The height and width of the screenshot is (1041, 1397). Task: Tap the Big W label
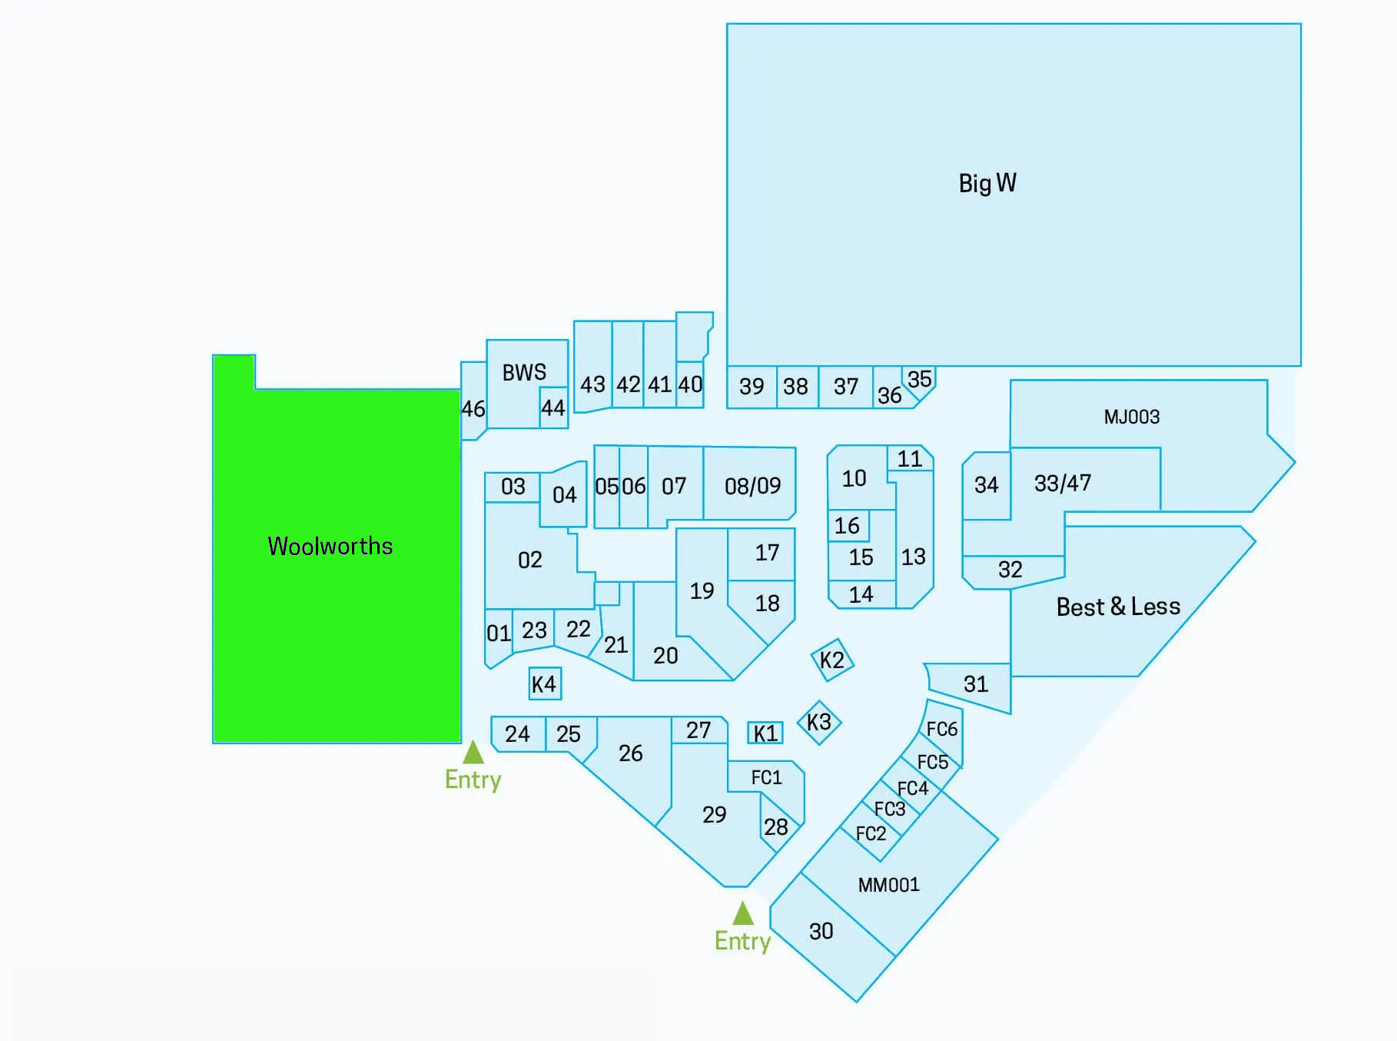coord(987,184)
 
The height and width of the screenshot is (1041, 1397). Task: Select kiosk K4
coord(544,683)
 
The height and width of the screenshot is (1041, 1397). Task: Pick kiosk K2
coord(832,660)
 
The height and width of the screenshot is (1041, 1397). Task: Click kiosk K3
coord(819,722)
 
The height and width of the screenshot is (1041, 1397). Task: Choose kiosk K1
coord(765,733)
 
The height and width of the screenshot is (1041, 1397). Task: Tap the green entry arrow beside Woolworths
coord(473,752)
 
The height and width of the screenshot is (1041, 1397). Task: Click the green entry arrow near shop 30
coord(743,913)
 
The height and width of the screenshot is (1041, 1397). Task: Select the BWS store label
coord(524,373)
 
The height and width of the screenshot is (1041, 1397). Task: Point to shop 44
coord(553,407)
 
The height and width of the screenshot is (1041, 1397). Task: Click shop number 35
coord(920,380)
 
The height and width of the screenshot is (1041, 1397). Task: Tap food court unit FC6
coord(942,729)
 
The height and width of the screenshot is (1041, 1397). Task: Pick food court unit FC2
coord(871,833)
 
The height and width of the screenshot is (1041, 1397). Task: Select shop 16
coord(848,526)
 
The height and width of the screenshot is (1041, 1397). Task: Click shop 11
coord(910,459)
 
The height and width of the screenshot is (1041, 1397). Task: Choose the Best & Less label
coord(1118,607)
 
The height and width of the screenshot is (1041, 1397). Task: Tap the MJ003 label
coord(1132,417)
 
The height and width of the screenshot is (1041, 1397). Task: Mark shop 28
coord(776,826)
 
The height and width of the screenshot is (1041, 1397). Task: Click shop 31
coord(976,683)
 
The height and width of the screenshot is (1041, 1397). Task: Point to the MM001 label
coord(889,885)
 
